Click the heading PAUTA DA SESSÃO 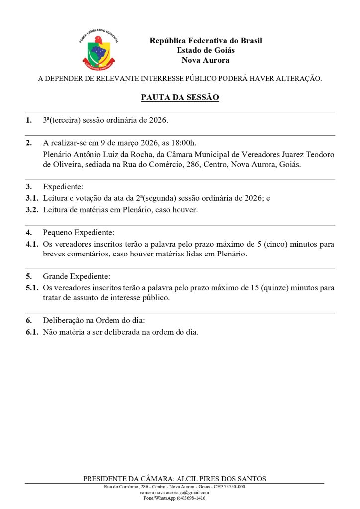point(180,98)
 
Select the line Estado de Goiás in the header point(205,50)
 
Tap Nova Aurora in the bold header point(205,60)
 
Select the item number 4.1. point(32,244)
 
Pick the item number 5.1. point(32,288)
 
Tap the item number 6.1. point(32,332)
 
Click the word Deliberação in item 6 point(63,320)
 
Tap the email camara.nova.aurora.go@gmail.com point(175,492)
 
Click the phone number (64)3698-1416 point(188,498)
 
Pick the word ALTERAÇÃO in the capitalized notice point(296,79)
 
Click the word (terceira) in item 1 point(65,120)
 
